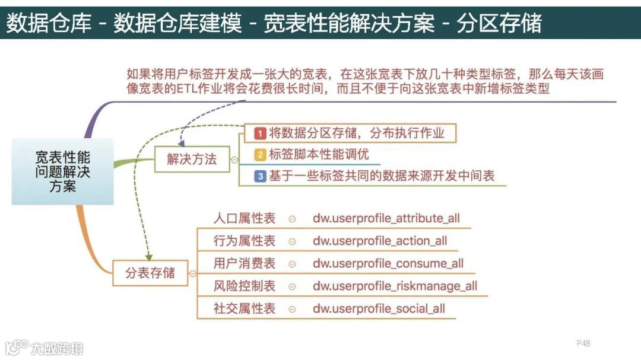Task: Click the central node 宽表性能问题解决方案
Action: tap(62, 171)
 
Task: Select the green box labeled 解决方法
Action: tap(192, 159)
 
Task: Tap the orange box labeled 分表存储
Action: tap(150, 273)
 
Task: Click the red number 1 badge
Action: tap(259, 133)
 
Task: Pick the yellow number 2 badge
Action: tap(259, 155)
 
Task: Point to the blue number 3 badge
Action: tap(259, 176)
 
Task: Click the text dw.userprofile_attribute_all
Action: tap(386, 218)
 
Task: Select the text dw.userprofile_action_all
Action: tap(380, 241)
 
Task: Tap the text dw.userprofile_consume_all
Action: tap(388, 263)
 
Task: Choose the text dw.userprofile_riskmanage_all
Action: tap(395, 286)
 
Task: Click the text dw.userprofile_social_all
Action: tap(379, 308)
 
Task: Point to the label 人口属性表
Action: tap(245, 218)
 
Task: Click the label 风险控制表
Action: tap(245, 286)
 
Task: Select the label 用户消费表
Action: tap(245, 263)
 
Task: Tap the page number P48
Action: tap(583, 343)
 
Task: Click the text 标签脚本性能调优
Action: tap(319, 155)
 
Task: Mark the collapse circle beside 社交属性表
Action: tap(291, 309)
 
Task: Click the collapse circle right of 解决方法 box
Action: tap(234, 160)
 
